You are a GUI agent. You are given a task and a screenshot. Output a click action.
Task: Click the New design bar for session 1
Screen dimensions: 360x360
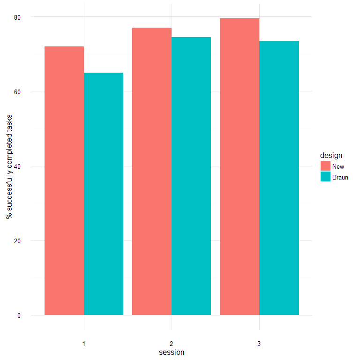[x=64, y=180]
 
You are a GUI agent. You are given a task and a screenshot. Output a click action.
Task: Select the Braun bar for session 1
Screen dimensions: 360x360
[x=104, y=194]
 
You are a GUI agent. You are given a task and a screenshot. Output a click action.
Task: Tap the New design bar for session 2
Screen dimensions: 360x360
[x=152, y=171]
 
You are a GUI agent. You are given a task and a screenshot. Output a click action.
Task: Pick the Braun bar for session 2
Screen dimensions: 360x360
[x=191, y=176]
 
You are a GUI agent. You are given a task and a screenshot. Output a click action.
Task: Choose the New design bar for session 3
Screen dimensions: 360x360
[x=240, y=166]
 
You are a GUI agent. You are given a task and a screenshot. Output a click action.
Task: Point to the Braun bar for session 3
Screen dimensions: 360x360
[x=279, y=178]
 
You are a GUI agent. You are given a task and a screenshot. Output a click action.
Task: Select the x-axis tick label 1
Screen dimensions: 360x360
[x=84, y=344]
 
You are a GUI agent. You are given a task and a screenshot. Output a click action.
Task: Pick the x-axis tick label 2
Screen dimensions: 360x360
[x=172, y=344]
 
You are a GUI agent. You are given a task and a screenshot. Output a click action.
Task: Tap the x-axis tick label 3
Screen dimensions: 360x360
[x=259, y=344]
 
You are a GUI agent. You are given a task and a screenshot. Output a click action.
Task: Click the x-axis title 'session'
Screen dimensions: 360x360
[x=172, y=352]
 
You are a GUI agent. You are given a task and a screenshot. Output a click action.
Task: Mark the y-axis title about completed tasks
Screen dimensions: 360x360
[x=9, y=166]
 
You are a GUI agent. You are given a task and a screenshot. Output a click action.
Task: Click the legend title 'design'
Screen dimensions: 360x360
[x=331, y=155]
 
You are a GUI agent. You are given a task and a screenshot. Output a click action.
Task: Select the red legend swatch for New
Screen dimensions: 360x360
[x=326, y=166]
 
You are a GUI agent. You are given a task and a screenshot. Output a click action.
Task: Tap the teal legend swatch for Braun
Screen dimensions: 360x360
[x=326, y=177]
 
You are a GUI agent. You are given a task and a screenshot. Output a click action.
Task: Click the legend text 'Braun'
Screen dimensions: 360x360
[x=340, y=178]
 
